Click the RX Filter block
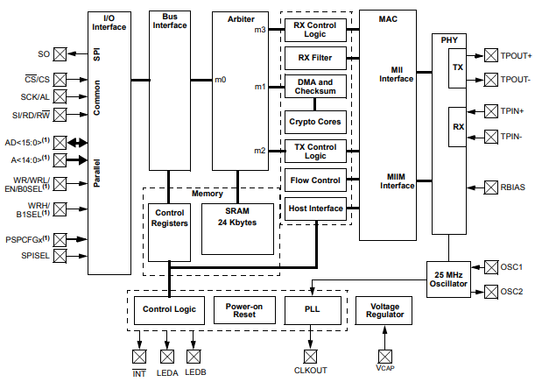tap(315, 58)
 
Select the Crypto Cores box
tap(315, 121)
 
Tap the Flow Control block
tap(315, 181)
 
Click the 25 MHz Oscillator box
tap(449, 279)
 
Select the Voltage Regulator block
tap(384, 309)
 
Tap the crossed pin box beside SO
tap(60, 54)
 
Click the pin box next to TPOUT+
tap(490, 54)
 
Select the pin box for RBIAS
tap(490, 187)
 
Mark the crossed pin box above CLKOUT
tap(309, 356)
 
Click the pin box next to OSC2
tap(490, 292)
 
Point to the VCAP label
tap(385, 371)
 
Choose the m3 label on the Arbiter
tap(260, 30)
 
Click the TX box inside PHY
tap(458, 67)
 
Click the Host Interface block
tap(315, 209)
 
